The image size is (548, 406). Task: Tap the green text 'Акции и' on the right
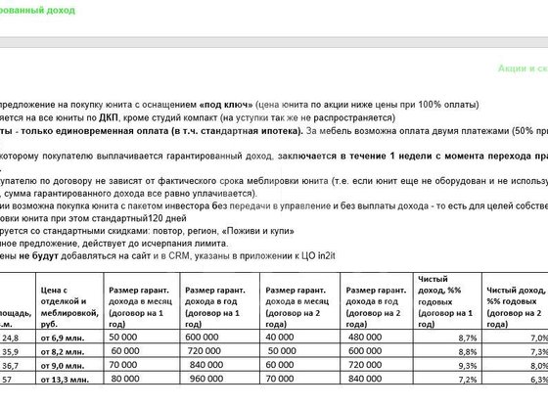[x=520, y=69]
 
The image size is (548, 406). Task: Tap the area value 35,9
[x=12, y=350]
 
